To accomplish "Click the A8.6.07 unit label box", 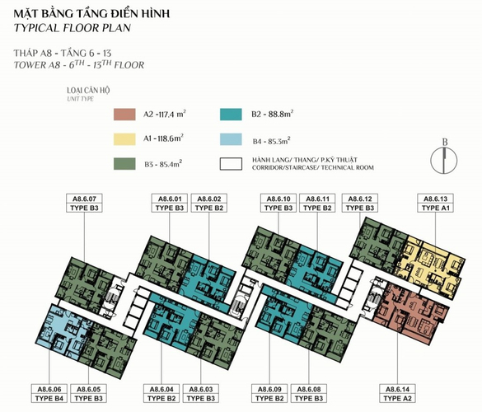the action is click(84, 203).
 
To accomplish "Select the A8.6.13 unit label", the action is click(435, 203).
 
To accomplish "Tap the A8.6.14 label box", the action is click(397, 394).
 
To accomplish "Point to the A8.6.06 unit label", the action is click(49, 394).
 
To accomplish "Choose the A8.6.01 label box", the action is click(170, 203).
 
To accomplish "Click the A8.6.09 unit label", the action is click(269, 394).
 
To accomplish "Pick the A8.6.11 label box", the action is click(317, 203).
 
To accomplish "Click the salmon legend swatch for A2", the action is click(124, 115).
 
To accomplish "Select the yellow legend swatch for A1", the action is click(124, 139).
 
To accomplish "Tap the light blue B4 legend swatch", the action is click(231, 139).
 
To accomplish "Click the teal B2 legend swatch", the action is click(231, 115).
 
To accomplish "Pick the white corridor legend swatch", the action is click(231, 164).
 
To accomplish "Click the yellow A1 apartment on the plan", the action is click(430, 265).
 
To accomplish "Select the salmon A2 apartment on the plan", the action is click(410, 311).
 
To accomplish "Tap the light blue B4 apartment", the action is click(63, 330).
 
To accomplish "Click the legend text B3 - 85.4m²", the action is click(163, 164).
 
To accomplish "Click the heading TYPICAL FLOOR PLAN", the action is click(73, 28).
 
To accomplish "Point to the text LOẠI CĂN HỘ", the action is click(88, 91).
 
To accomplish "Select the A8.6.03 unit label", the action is click(201, 394).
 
